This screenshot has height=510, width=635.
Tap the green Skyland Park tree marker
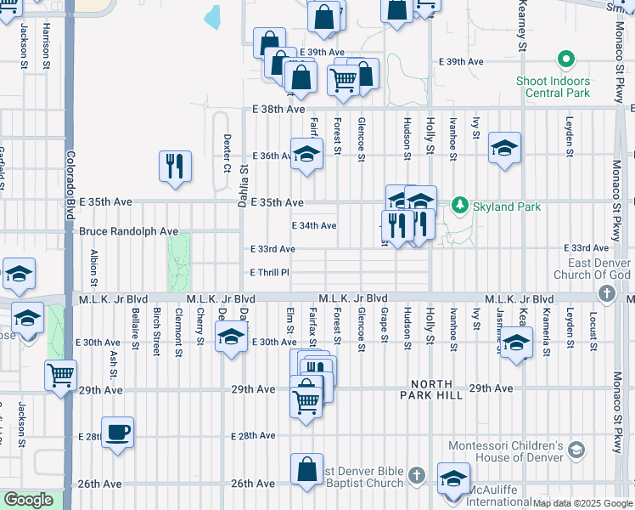click(460, 205)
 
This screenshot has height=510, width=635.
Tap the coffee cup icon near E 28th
click(117, 432)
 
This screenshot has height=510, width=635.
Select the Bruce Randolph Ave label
click(128, 231)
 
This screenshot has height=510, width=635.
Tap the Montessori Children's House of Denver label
click(505, 451)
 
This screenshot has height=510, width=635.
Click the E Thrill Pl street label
click(270, 273)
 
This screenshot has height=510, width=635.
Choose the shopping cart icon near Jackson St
click(60, 375)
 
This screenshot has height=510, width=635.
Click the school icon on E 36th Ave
click(306, 154)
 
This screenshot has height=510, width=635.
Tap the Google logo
click(28, 500)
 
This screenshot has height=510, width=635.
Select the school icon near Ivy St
click(504, 150)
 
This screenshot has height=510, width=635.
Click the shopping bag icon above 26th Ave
click(306, 469)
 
